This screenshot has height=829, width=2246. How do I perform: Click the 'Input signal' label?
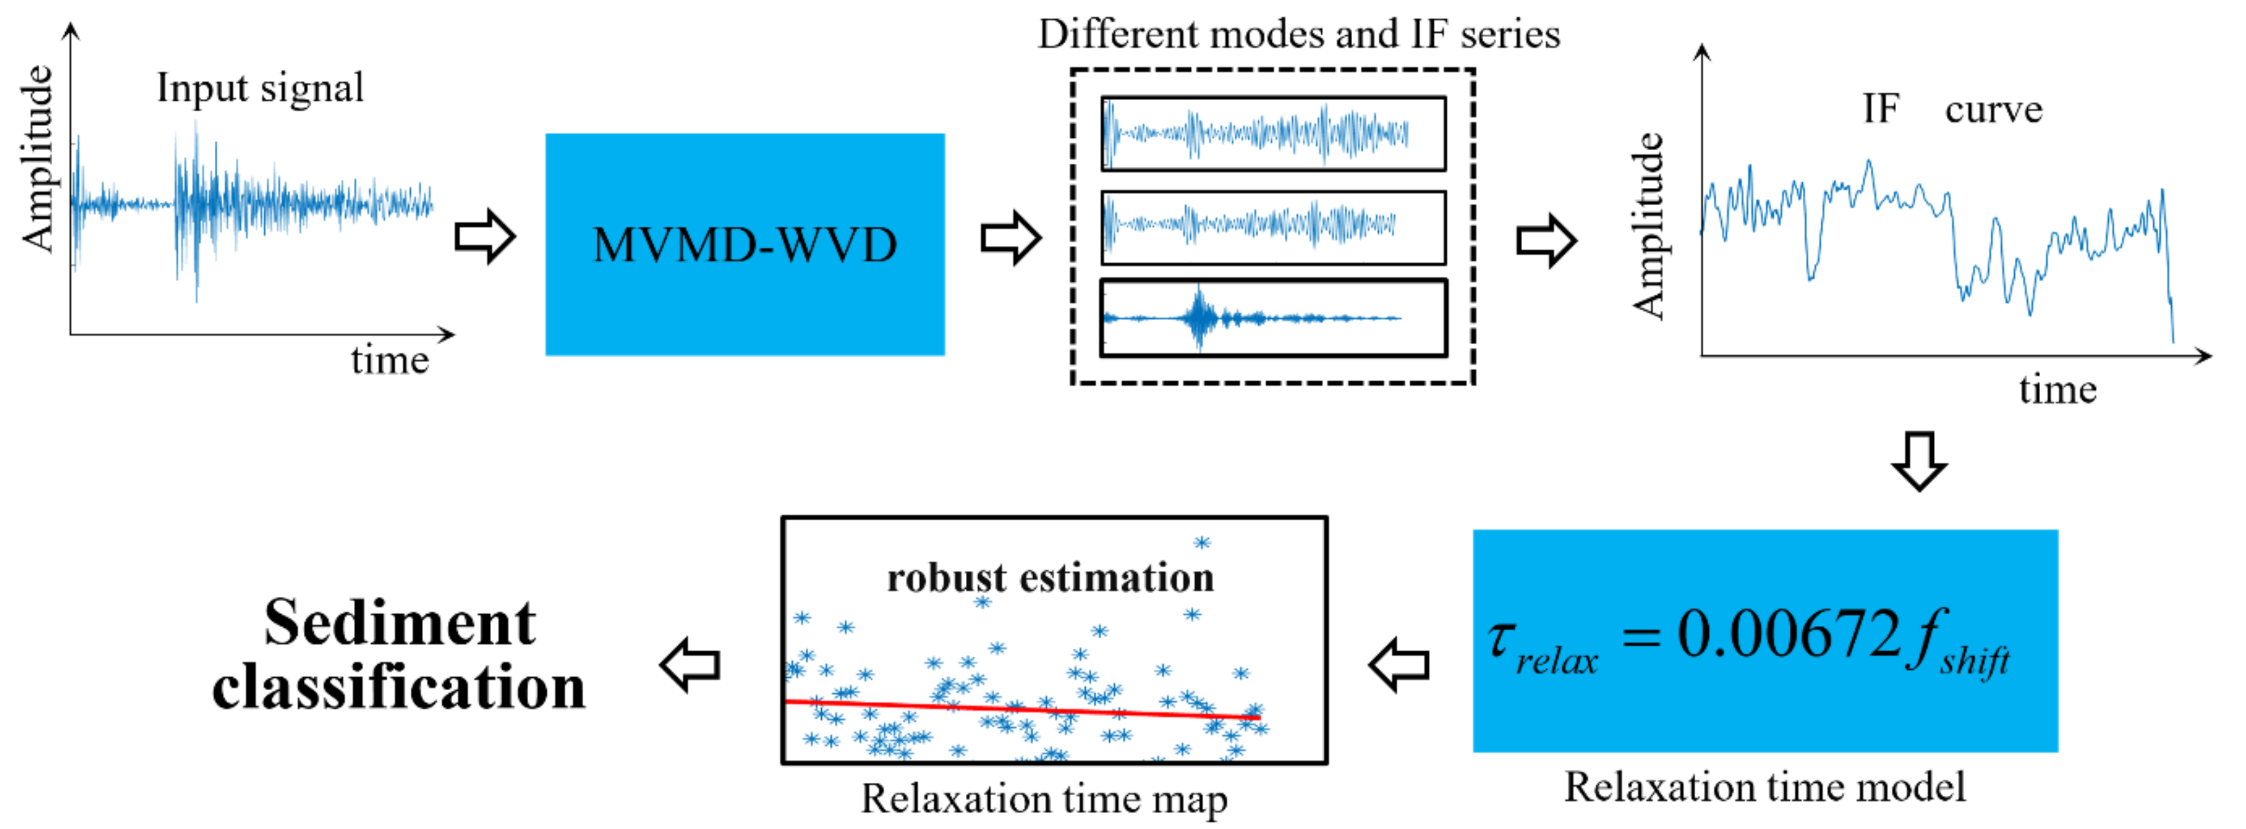tap(260, 88)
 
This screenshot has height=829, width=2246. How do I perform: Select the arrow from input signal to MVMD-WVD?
tap(485, 236)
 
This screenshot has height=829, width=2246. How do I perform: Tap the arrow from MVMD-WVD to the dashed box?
tap(1011, 237)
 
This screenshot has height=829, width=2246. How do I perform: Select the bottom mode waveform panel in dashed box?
tap(1272, 318)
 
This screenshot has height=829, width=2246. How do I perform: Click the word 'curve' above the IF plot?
tap(1993, 110)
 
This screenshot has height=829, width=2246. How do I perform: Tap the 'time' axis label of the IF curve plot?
tap(2057, 390)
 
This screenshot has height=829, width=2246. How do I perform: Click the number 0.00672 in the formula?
tap(1788, 634)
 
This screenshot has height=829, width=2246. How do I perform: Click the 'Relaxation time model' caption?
tap(1764, 787)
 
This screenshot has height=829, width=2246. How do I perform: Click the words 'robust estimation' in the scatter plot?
tap(1050, 578)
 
